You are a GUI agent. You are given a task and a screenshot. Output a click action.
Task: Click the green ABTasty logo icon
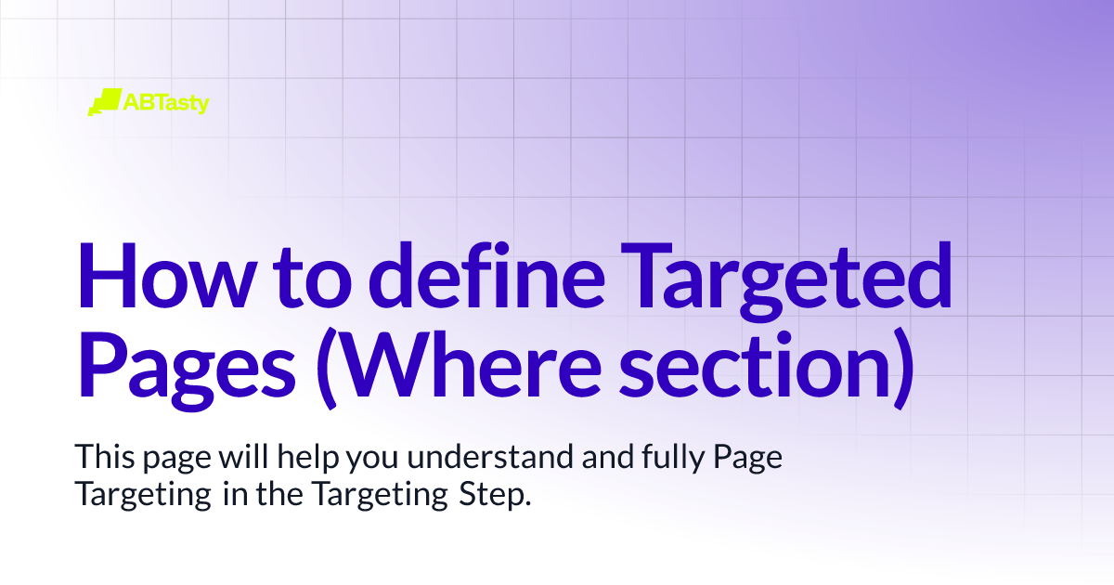coord(104,101)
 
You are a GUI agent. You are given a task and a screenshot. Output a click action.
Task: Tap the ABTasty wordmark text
coord(166,101)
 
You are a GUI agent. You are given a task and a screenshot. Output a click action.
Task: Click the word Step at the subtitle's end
coord(494,495)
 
